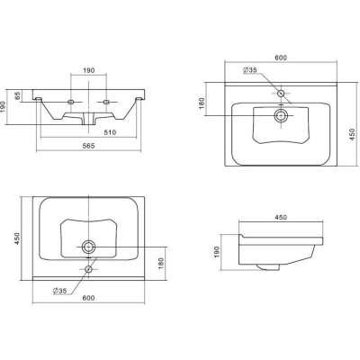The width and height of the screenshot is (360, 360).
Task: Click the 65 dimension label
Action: point(18,96)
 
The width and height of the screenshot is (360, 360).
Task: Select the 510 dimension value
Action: point(110,132)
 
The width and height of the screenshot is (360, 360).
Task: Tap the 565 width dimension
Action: point(89,146)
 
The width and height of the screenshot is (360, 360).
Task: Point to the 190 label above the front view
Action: point(89,70)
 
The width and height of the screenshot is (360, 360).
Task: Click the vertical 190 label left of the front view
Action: point(3,107)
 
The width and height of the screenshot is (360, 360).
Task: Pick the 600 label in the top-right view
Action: point(281,58)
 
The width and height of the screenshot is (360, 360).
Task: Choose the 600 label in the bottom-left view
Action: point(88,298)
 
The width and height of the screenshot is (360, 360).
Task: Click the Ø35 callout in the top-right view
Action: point(250,70)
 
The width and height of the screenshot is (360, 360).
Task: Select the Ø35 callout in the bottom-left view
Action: point(59,291)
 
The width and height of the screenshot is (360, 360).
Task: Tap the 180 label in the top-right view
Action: point(202,103)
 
